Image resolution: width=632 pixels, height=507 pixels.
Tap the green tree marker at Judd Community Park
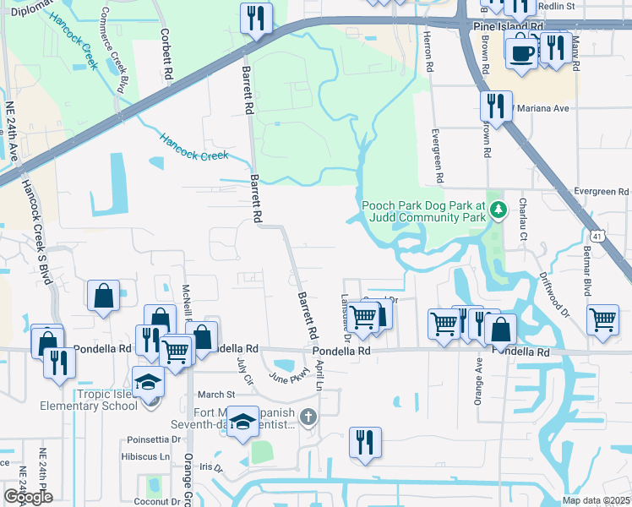coord(499,210)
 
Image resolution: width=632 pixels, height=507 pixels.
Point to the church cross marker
coord(310,416)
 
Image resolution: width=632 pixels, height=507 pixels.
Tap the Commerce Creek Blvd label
coord(117,46)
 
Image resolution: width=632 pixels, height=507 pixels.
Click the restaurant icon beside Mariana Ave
coord(494,105)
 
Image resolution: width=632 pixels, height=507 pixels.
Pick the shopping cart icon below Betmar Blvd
coord(602,319)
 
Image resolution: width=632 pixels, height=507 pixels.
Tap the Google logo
coord(28,497)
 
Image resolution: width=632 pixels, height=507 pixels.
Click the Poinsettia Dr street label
coord(154,439)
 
